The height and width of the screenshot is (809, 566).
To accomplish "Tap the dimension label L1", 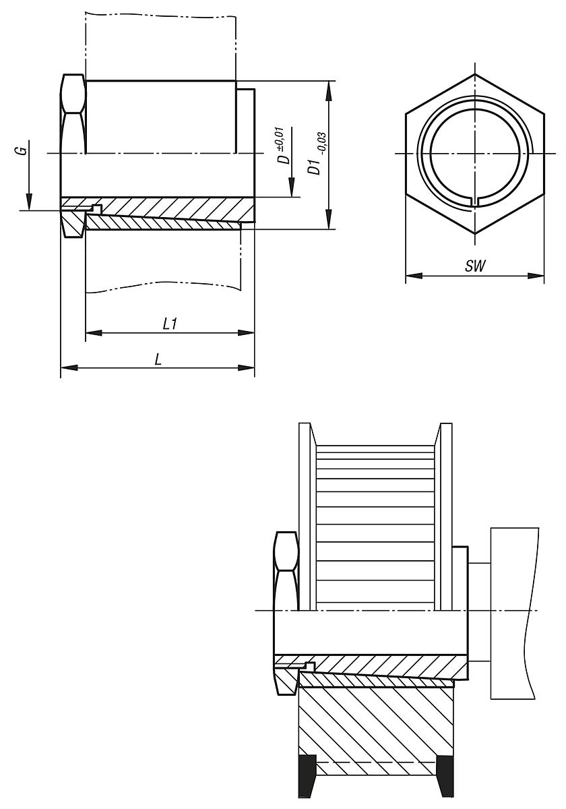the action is pyautogui.click(x=170, y=324).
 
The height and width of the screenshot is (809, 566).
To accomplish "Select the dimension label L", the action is pyautogui.click(x=158, y=359).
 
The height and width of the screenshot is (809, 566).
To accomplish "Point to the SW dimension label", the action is pyautogui.click(x=475, y=266).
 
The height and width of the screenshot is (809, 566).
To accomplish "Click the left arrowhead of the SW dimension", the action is pyautogui.click(x=414, y=276).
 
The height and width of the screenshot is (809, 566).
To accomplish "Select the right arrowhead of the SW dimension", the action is pyautogui.click(x=536, y=276).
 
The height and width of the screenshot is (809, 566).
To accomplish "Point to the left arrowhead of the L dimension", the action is pyautogui.click(x=69, y=367).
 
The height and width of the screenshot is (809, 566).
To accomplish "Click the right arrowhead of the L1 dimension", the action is pyautogui.click(x=246, y=332).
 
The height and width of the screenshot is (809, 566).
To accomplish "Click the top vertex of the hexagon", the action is pyautogui.click(x=474, y=73).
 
